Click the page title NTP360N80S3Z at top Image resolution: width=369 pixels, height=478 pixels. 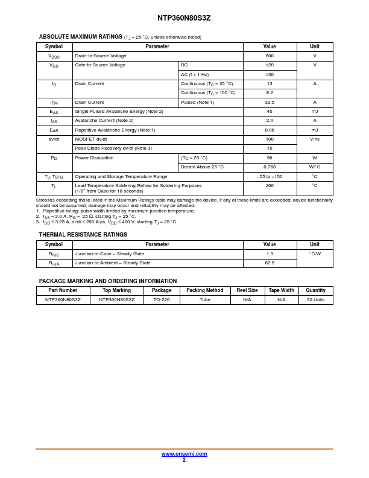click(184, 18)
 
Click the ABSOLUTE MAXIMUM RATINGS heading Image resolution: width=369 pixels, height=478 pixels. click(80, 37)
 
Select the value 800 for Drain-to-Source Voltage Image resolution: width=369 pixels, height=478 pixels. click(270, 56)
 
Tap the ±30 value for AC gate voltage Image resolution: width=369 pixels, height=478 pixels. click(270, 75)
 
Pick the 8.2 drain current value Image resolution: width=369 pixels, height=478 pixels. click(270, 93)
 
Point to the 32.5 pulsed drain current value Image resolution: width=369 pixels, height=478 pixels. click(270, 103)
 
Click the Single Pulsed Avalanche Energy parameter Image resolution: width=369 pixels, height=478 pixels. click(119, 112)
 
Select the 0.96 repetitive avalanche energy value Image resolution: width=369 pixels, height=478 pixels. click(270, 130)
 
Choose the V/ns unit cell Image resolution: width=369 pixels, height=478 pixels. click(314, 139)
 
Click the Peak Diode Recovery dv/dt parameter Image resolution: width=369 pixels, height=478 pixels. click(113, 148)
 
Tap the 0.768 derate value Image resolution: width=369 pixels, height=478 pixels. click(270, 167)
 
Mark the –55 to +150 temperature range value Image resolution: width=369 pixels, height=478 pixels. click(270, 177)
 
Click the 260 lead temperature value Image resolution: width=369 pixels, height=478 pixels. click(270, 186)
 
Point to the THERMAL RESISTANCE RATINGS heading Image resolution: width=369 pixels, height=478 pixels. click(83, 235)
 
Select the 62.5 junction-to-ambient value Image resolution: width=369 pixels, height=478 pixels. click(270, 263)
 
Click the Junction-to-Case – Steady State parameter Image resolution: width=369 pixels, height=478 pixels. click(109, 254)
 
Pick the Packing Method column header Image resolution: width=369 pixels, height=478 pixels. click(204, 290)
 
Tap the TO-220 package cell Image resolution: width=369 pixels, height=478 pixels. click(162, 300)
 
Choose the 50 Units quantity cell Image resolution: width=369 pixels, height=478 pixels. click(315, 300)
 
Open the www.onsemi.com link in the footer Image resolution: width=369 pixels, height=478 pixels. click(184, 454)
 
